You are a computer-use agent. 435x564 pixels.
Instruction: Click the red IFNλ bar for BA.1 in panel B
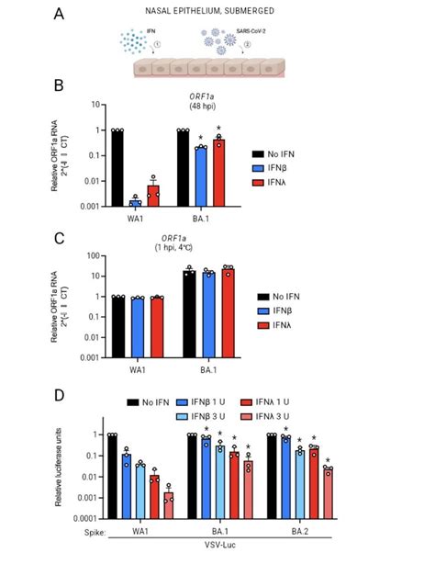[x=219, y=173]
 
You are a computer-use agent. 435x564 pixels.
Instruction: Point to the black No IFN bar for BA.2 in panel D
[x=273, y=477]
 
